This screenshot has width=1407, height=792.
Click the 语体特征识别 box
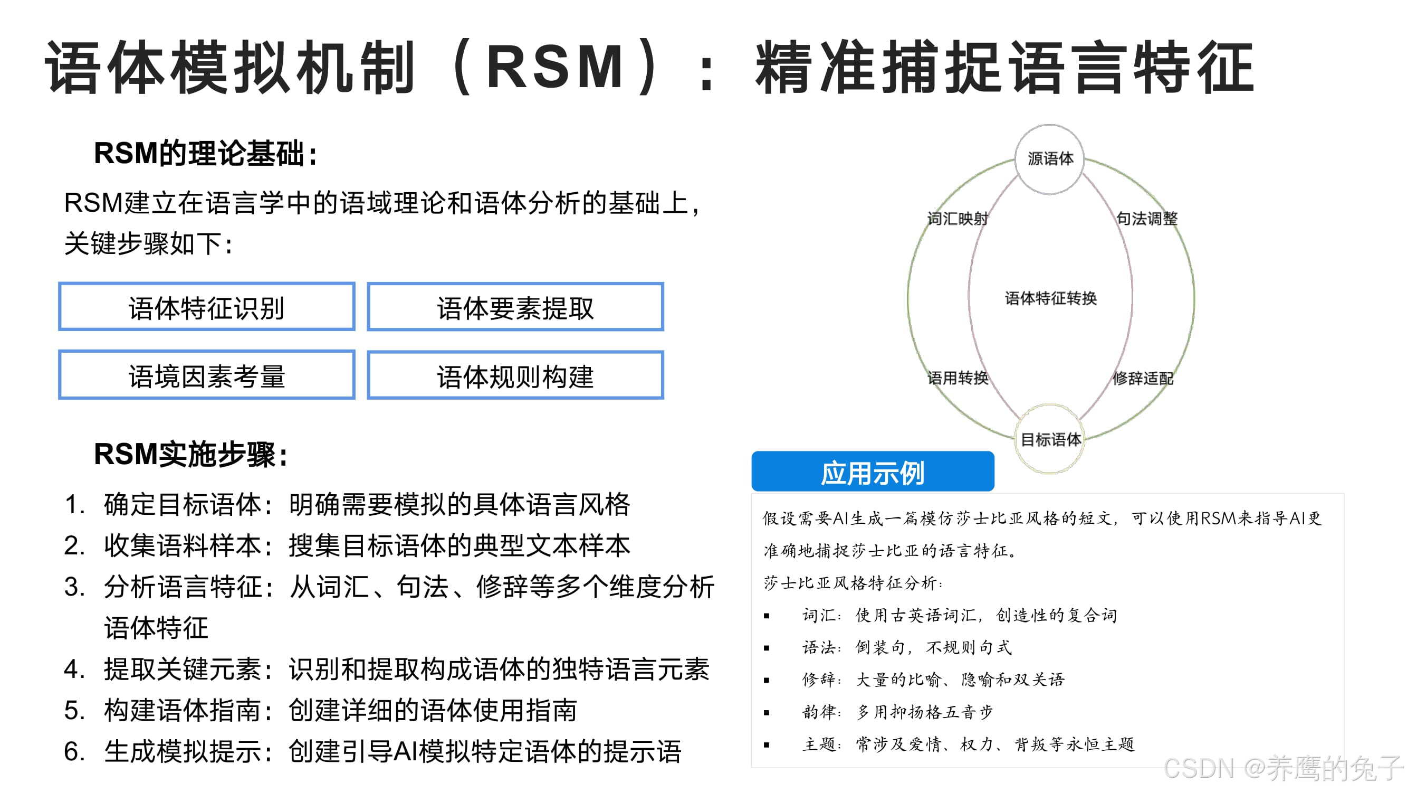pyautogui.click(x=206, y=307)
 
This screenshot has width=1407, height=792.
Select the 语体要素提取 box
pyautogui.click(x=515, y=307)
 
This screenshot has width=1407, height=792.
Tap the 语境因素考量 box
pyautogui.click(x=206, y=375)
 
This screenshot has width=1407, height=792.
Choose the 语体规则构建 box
pyautogui.click(x=515, y=375)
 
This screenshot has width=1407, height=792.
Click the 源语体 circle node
pyautogui.click(x=1049, y=159)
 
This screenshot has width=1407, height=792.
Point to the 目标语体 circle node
pyautogui.click(x=1050, y=439)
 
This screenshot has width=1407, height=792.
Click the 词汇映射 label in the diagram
pyautogui.click(x=958, y=219)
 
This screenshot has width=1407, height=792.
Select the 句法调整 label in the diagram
pyautogui.click(x=1146, y=219)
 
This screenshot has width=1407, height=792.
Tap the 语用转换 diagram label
pyautogui.click(x=958, y=378)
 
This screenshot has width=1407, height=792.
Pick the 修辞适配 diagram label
pyautogui.click(x=1143, y=378)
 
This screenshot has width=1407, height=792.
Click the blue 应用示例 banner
pyautogui.click(x=872, y=472)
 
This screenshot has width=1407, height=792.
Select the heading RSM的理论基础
pyautogui.click(x=205, y=153)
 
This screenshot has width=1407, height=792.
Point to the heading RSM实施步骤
pyautogui.click(x=190, y=454)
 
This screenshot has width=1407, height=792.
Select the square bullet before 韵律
pyautogui.click(x=767, y=713)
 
